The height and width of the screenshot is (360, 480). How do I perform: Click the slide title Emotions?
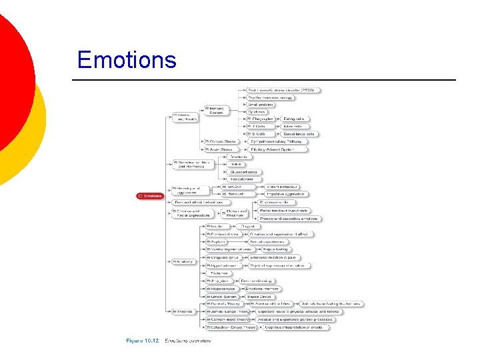coord(127,60)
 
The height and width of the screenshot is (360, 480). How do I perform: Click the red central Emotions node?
coord(150,196)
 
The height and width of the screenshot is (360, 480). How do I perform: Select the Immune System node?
coord(216,110)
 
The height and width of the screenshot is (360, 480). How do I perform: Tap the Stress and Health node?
coord(185,117)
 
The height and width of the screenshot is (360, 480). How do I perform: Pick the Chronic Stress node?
coord(223,141)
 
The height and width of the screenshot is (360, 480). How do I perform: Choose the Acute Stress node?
coord(220,150)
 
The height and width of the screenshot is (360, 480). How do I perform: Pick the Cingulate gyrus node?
coord(221,257)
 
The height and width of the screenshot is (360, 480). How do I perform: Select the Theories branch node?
coord(183,311)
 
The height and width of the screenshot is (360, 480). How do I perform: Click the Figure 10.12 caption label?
coord(143,341)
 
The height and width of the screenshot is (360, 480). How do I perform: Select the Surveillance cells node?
coord(299,134)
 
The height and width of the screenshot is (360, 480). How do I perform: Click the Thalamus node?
coord(219,273)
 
